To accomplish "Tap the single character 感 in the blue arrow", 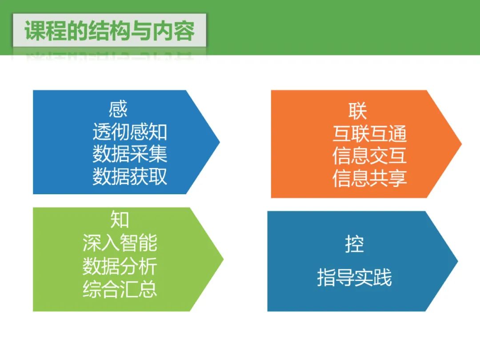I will pos(118,109).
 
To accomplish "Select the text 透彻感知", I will pos(130,132).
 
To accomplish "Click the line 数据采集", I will pos(130,154).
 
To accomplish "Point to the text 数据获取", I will pos(130,176).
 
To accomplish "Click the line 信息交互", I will pos(369,156).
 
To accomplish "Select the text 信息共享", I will pos(369,178).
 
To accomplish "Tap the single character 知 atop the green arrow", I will pos(120,220).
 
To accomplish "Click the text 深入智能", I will pos(120,243).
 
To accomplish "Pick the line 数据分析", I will pos(120,267).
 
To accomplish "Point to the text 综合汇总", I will pos(120,289).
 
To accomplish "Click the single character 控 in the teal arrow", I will pos(354,244).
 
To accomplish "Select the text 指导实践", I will pos(354,278).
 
